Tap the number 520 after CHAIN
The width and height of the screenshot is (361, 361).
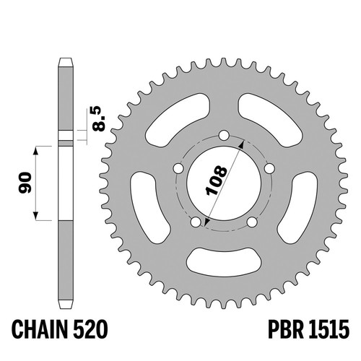90,329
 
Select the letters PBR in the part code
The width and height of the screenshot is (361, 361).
286,329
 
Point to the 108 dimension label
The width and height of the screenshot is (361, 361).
217,180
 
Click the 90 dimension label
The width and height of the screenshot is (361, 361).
25,183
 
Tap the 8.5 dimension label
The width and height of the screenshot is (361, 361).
99,120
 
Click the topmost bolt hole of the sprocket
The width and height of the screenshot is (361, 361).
224,135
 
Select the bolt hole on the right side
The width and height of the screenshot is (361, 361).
269,168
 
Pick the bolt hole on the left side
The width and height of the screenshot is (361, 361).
178,168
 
